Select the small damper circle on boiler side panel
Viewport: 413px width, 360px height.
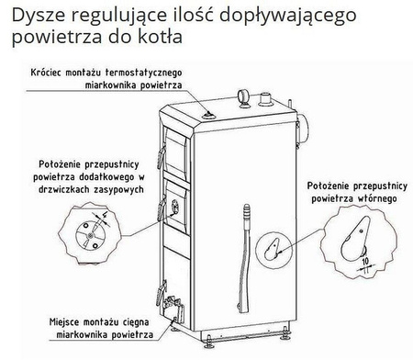point(273,243)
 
